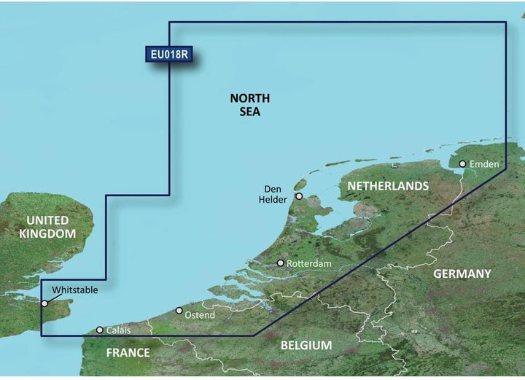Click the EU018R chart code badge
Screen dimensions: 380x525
click(169, 55)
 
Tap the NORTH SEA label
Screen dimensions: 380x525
click(249, 105)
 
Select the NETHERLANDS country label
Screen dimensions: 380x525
click(388, 187)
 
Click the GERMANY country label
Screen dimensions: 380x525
click(462, 274)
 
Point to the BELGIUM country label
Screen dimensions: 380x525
click(306, 345)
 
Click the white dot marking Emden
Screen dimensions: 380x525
click(462, 164)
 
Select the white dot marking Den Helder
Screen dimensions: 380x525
click(299, 196)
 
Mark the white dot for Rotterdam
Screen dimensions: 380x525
click(280, 263)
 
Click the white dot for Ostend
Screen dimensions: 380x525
click(179, 311)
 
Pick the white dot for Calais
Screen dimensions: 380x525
click(100, 330)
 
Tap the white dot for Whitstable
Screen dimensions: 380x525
click(45, 303)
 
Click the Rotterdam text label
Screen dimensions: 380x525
click(309, 263)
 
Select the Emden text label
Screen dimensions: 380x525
click(484, 164)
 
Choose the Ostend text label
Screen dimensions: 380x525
click(201, 315)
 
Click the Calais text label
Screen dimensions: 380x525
click(120, 330)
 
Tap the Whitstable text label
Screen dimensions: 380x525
click(74, 290)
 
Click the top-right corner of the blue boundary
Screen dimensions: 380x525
click(506, 22)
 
